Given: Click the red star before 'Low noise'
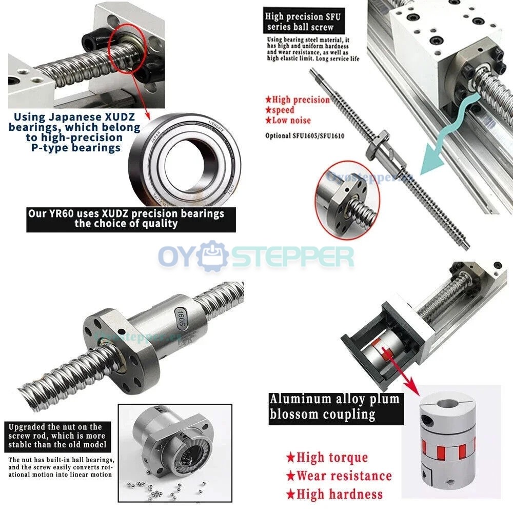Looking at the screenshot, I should pos(268,120).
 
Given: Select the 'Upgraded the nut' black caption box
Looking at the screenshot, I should pos(57,435).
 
